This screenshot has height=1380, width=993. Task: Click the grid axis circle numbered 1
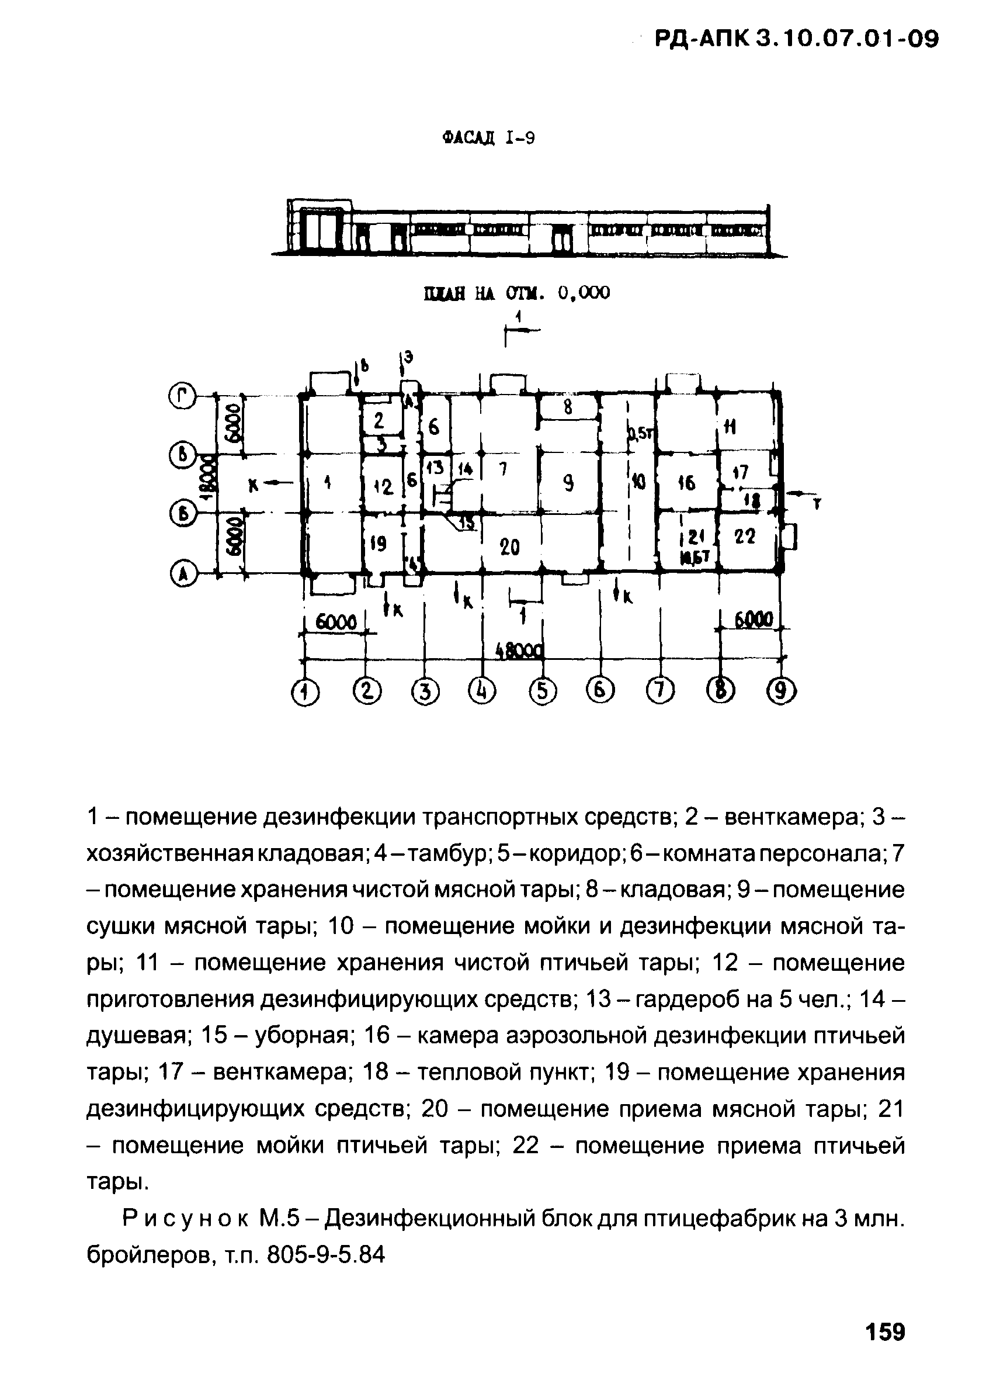click(305, 693)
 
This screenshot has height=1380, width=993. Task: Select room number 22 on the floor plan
click(745, 537)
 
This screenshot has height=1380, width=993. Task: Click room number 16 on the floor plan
click(686, 484)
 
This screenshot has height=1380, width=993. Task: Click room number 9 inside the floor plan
click(568, 484)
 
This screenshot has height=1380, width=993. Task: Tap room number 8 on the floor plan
click(568, 409)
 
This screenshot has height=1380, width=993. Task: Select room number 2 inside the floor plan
click(379, 420)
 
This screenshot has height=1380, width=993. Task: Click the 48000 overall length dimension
click(518, 651)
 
